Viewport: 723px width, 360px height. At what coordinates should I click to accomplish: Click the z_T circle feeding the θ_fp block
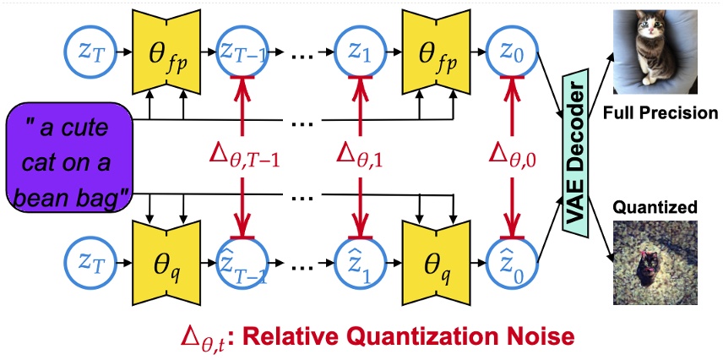(89, 52)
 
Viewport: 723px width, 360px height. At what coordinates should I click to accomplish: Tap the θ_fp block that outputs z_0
(434, 52)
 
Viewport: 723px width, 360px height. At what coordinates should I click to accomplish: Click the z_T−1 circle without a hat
(243, 52)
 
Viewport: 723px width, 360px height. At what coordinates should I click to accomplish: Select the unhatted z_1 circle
(361, 52)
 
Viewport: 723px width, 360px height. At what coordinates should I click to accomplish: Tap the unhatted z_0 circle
(508, 52)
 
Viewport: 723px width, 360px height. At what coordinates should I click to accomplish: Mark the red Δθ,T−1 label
(243, 157)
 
